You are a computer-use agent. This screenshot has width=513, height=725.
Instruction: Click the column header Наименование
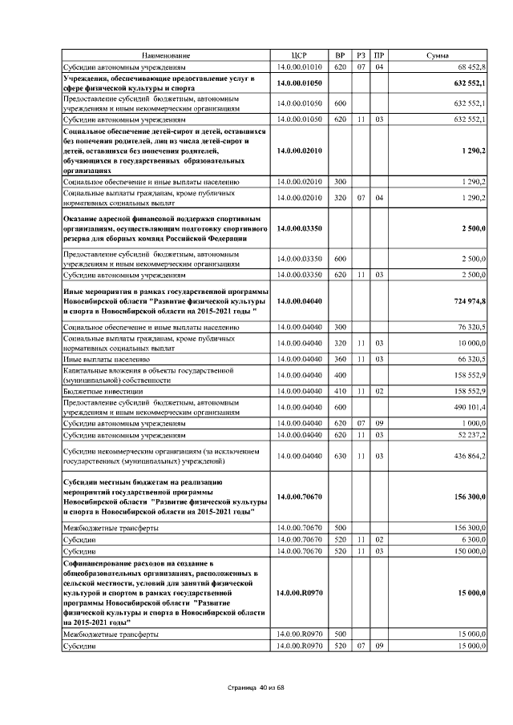166,54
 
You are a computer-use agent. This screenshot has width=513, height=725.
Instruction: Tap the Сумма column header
437,54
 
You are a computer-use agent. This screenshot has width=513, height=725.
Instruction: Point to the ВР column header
340,54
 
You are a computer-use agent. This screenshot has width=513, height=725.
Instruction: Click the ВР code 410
340,391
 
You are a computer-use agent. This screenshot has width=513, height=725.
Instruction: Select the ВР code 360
340,360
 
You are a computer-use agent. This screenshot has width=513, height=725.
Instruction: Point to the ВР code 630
340,456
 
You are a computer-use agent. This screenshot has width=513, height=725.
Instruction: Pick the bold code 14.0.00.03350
299,228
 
